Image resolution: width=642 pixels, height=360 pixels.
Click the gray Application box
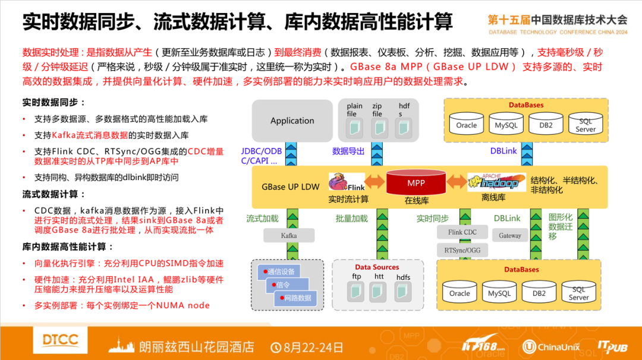coord(292,121)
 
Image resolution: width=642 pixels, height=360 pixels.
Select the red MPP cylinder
coord(416,183)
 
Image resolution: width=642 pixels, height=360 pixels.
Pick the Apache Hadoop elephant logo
coord(496,182)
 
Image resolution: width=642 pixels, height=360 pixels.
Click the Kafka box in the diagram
coord(288,236)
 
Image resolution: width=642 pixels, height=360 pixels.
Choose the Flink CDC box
coord(462,232)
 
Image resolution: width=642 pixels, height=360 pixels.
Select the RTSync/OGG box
coord(462,250)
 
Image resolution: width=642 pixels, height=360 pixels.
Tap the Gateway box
coord(509,235)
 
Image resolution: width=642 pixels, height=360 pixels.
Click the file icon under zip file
coord(378,127)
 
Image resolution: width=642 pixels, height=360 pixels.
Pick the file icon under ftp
coord(357,290)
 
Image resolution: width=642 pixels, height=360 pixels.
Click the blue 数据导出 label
coord(348,151)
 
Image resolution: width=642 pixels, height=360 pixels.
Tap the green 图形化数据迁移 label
coord(560,226)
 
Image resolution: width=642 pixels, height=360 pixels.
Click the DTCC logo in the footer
coord(60,340)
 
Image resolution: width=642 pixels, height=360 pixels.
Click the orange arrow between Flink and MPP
coord(375,180)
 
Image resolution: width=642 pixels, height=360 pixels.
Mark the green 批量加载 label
coord(352,219)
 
